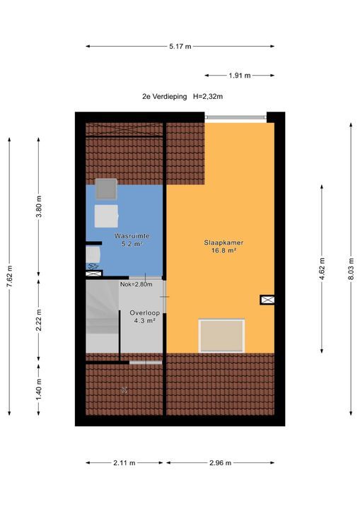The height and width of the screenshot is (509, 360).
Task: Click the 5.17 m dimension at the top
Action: pos(180,47)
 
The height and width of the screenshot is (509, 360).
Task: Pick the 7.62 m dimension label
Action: pos(10,274)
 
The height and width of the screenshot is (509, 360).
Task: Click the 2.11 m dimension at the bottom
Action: pos(124,463)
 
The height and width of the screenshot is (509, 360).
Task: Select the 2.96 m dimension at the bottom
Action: pos(221,463)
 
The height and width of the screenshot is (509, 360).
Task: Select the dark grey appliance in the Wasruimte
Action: pos(108,189)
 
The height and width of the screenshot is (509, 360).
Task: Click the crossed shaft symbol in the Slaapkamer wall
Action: pos(267,300)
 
